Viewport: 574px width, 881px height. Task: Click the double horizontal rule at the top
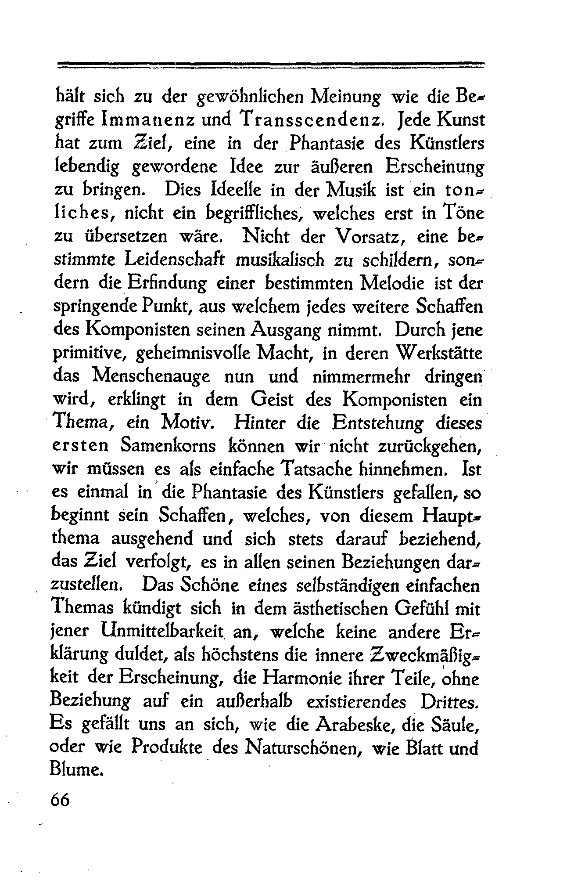tap(271, 65)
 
